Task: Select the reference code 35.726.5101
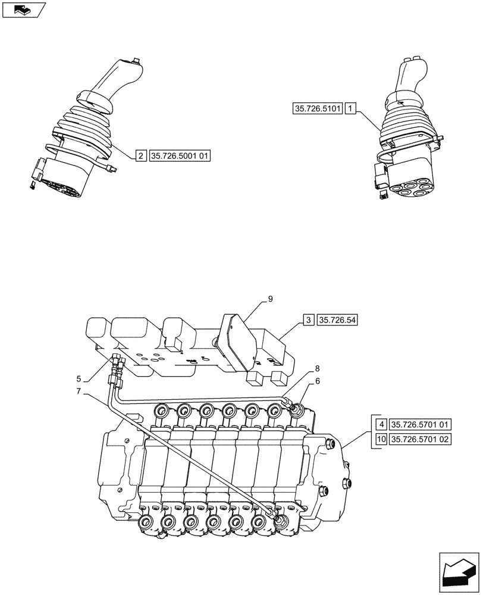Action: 318,109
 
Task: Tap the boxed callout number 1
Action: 351,109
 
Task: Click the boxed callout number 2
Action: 140,156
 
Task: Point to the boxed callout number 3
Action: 309,320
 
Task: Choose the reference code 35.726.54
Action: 339,320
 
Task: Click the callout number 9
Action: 270,299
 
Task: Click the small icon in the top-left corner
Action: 23,9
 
